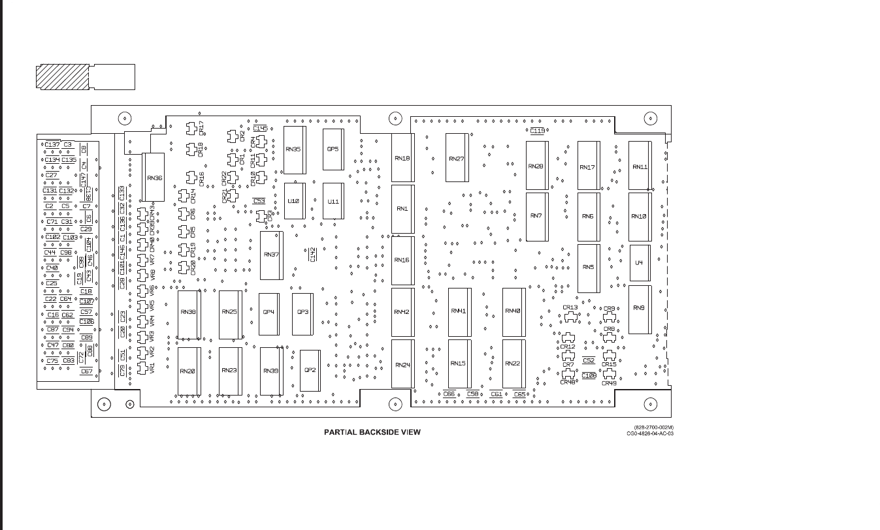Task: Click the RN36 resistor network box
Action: [154, 177]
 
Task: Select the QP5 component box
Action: [333, 149]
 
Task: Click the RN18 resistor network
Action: [402, 158]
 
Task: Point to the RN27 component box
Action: [457, 158]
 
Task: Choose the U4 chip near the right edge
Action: [639, 263]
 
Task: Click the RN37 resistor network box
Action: [271, 255]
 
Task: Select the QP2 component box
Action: [310, 370]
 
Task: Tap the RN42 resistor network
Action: [402, 312]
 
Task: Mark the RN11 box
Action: [640, 166]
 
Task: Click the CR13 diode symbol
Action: [570, 317]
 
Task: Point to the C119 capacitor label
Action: [537, 131]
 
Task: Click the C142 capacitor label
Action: [313, 255]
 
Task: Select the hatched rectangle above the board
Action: [61, 77]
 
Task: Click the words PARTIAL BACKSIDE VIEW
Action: [372, 432]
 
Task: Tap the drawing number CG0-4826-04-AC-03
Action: [649, 433]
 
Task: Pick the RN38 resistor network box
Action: [188, 313]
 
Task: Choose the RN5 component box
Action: [588, 268]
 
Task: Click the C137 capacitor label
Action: [52, 144]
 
